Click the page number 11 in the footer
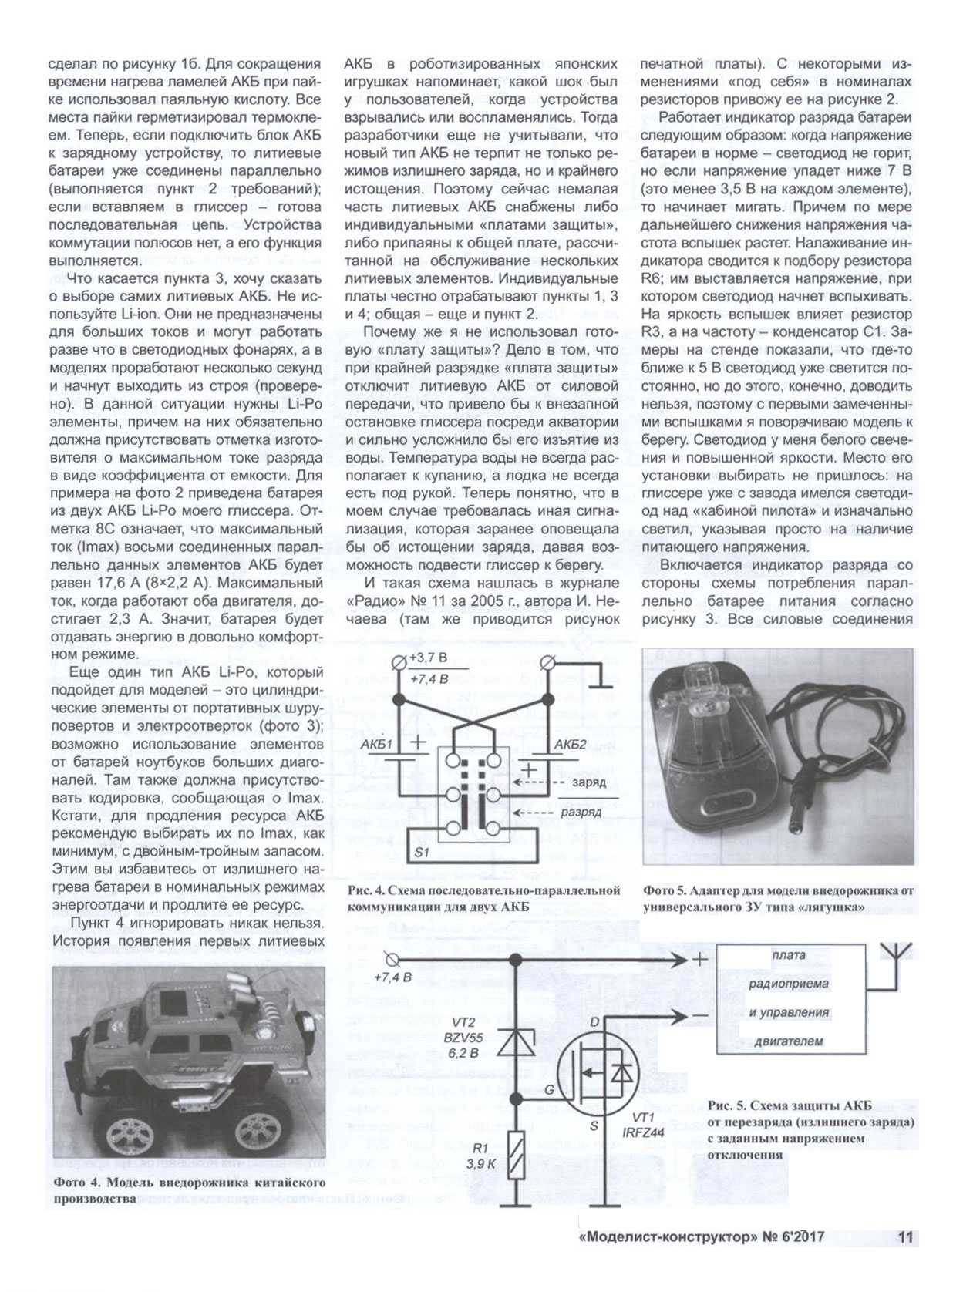905,1236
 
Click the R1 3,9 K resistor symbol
516,1154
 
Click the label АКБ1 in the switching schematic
377,745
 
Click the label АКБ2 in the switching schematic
571,745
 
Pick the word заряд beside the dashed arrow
588,782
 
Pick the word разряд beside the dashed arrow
581,812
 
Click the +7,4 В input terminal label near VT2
392,977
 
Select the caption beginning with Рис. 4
483,898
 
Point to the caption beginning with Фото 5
777,898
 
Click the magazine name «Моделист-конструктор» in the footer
668,1236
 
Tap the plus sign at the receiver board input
699,960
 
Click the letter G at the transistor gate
549,1090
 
